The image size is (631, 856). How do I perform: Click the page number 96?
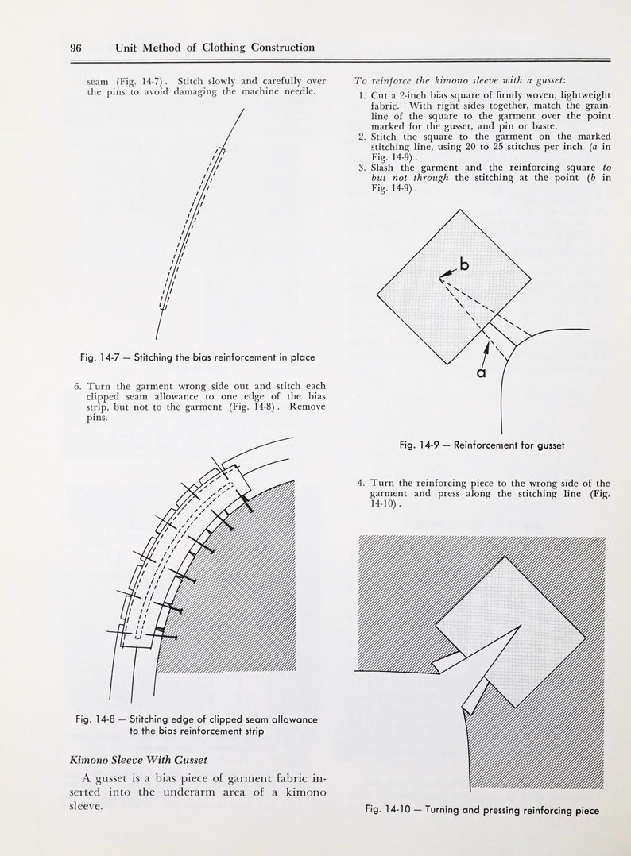point(75,48)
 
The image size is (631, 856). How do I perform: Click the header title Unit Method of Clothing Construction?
point(215,48)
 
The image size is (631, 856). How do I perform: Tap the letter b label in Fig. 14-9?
point(463,266)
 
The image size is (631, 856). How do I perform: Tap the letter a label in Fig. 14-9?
point(481,371)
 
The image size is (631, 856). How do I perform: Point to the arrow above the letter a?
point(486,348)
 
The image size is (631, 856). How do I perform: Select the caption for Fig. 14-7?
point(197,357)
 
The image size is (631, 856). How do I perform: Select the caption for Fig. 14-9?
point(482,445)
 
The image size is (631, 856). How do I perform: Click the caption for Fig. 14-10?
point(482,810)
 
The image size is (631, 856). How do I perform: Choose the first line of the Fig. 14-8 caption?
point(196,719)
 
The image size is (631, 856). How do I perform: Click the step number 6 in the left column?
point(78,386)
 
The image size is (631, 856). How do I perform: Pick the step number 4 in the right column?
point(361,483)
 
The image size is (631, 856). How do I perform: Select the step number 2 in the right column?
point(361,136)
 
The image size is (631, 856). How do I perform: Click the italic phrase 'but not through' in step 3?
point(409,178)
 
